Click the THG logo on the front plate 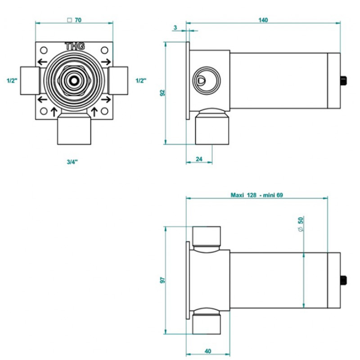(75, 46)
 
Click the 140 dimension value (263, 20)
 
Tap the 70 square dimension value (74, 20)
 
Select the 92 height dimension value (162, 93)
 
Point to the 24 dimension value (199, 159)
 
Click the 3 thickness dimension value (175, 27)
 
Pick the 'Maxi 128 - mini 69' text (256, 195)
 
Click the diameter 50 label (301, 224)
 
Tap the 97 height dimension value (162, 280)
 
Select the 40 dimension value (208, 351)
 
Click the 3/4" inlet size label (72, 162)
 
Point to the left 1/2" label (12, 81)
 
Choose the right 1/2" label (141, 81)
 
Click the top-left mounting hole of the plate (44, 50)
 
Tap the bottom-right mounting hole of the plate (104, 111)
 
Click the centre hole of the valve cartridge (74, 81)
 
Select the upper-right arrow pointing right (106, 62)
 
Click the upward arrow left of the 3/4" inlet (54, 112)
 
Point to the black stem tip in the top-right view (343, 81)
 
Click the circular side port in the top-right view (207, 81)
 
